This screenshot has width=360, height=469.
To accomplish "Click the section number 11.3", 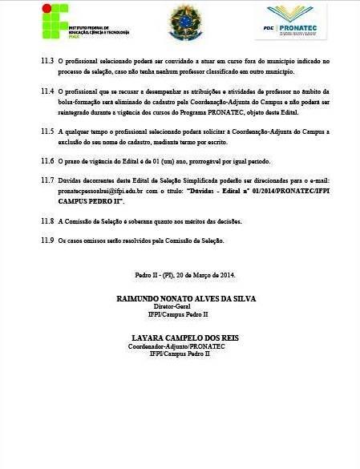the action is pos(46,61).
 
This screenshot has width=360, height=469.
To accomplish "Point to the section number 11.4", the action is pos(46,91).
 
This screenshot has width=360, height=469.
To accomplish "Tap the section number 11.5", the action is pos(46,131).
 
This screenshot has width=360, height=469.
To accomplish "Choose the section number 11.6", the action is pos(46,161).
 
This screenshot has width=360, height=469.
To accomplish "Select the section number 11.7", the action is pos(46,181).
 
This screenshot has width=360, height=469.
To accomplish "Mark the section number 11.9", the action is pos(46,241).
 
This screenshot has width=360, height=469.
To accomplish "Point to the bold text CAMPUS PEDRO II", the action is pos(91,201).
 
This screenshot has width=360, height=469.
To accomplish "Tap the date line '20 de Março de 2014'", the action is pos(200,277).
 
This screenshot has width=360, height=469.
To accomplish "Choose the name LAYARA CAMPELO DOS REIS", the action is pos(180,338).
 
